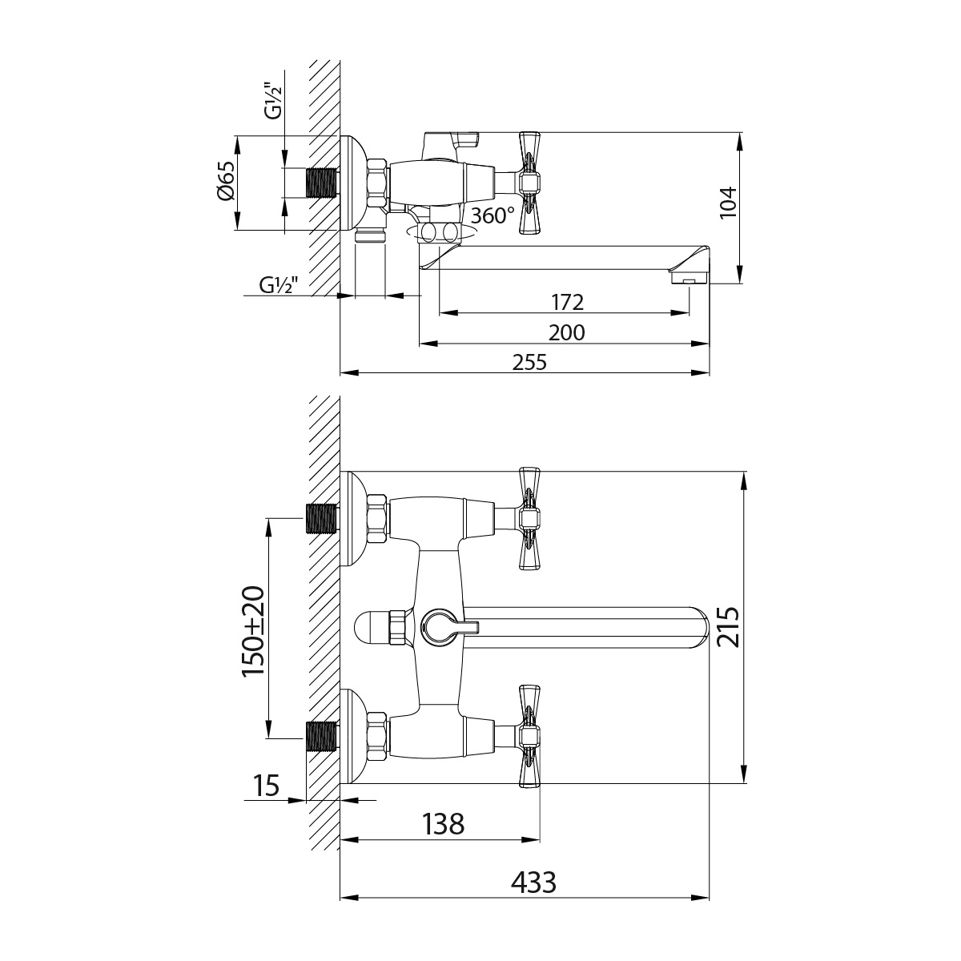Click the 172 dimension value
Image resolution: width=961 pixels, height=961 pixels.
[x=567, y=302]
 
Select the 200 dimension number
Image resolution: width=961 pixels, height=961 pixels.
[x=567, y=332]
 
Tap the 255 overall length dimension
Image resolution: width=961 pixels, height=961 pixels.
[x=529, y=362]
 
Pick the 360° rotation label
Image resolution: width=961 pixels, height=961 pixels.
[x=492, y=215]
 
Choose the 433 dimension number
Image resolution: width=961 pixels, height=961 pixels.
[x=533, y=883]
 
